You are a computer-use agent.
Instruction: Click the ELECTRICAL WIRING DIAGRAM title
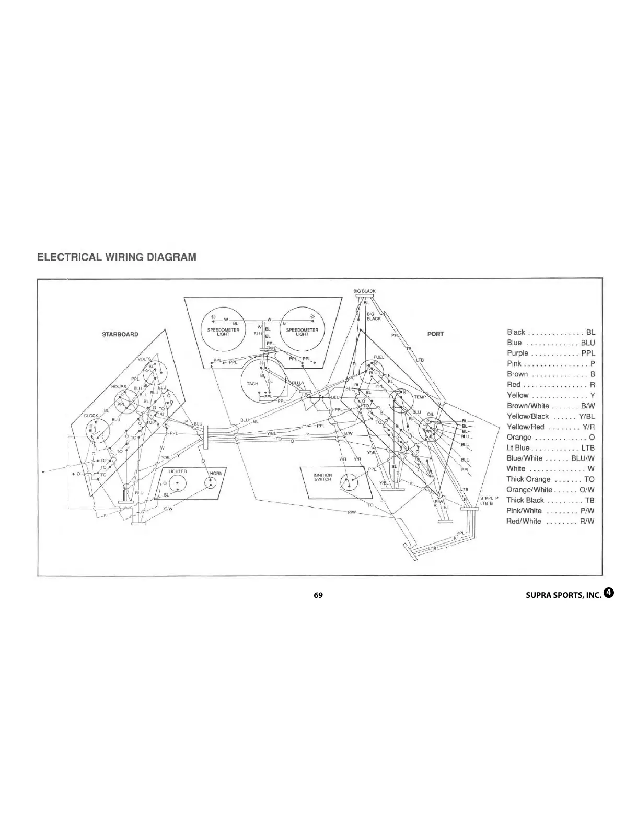pos(117,257)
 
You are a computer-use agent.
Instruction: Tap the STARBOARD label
pos(120,334)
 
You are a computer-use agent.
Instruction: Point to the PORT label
pos(435,334)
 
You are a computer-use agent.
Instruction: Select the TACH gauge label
pos(252,384)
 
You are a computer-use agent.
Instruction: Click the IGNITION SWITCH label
pos(322,477)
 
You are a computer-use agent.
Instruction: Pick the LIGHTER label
pos(178,471)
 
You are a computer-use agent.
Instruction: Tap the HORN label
pos(216,474)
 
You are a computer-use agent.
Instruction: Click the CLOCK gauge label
pos(91,416)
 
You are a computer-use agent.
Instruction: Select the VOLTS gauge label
pos(144,360)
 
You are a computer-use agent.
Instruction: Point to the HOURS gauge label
pos(119,387)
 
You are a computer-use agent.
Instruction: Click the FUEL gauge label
pos(379,357)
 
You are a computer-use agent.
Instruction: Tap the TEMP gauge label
pos(420,397)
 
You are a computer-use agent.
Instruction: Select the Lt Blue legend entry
pos(550,448)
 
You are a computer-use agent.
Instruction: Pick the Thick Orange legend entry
pos(550,479)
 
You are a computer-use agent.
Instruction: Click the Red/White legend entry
pos(550,521)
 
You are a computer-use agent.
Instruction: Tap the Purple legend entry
pos(550,353)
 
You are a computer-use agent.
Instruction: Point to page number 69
pos(318,595)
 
